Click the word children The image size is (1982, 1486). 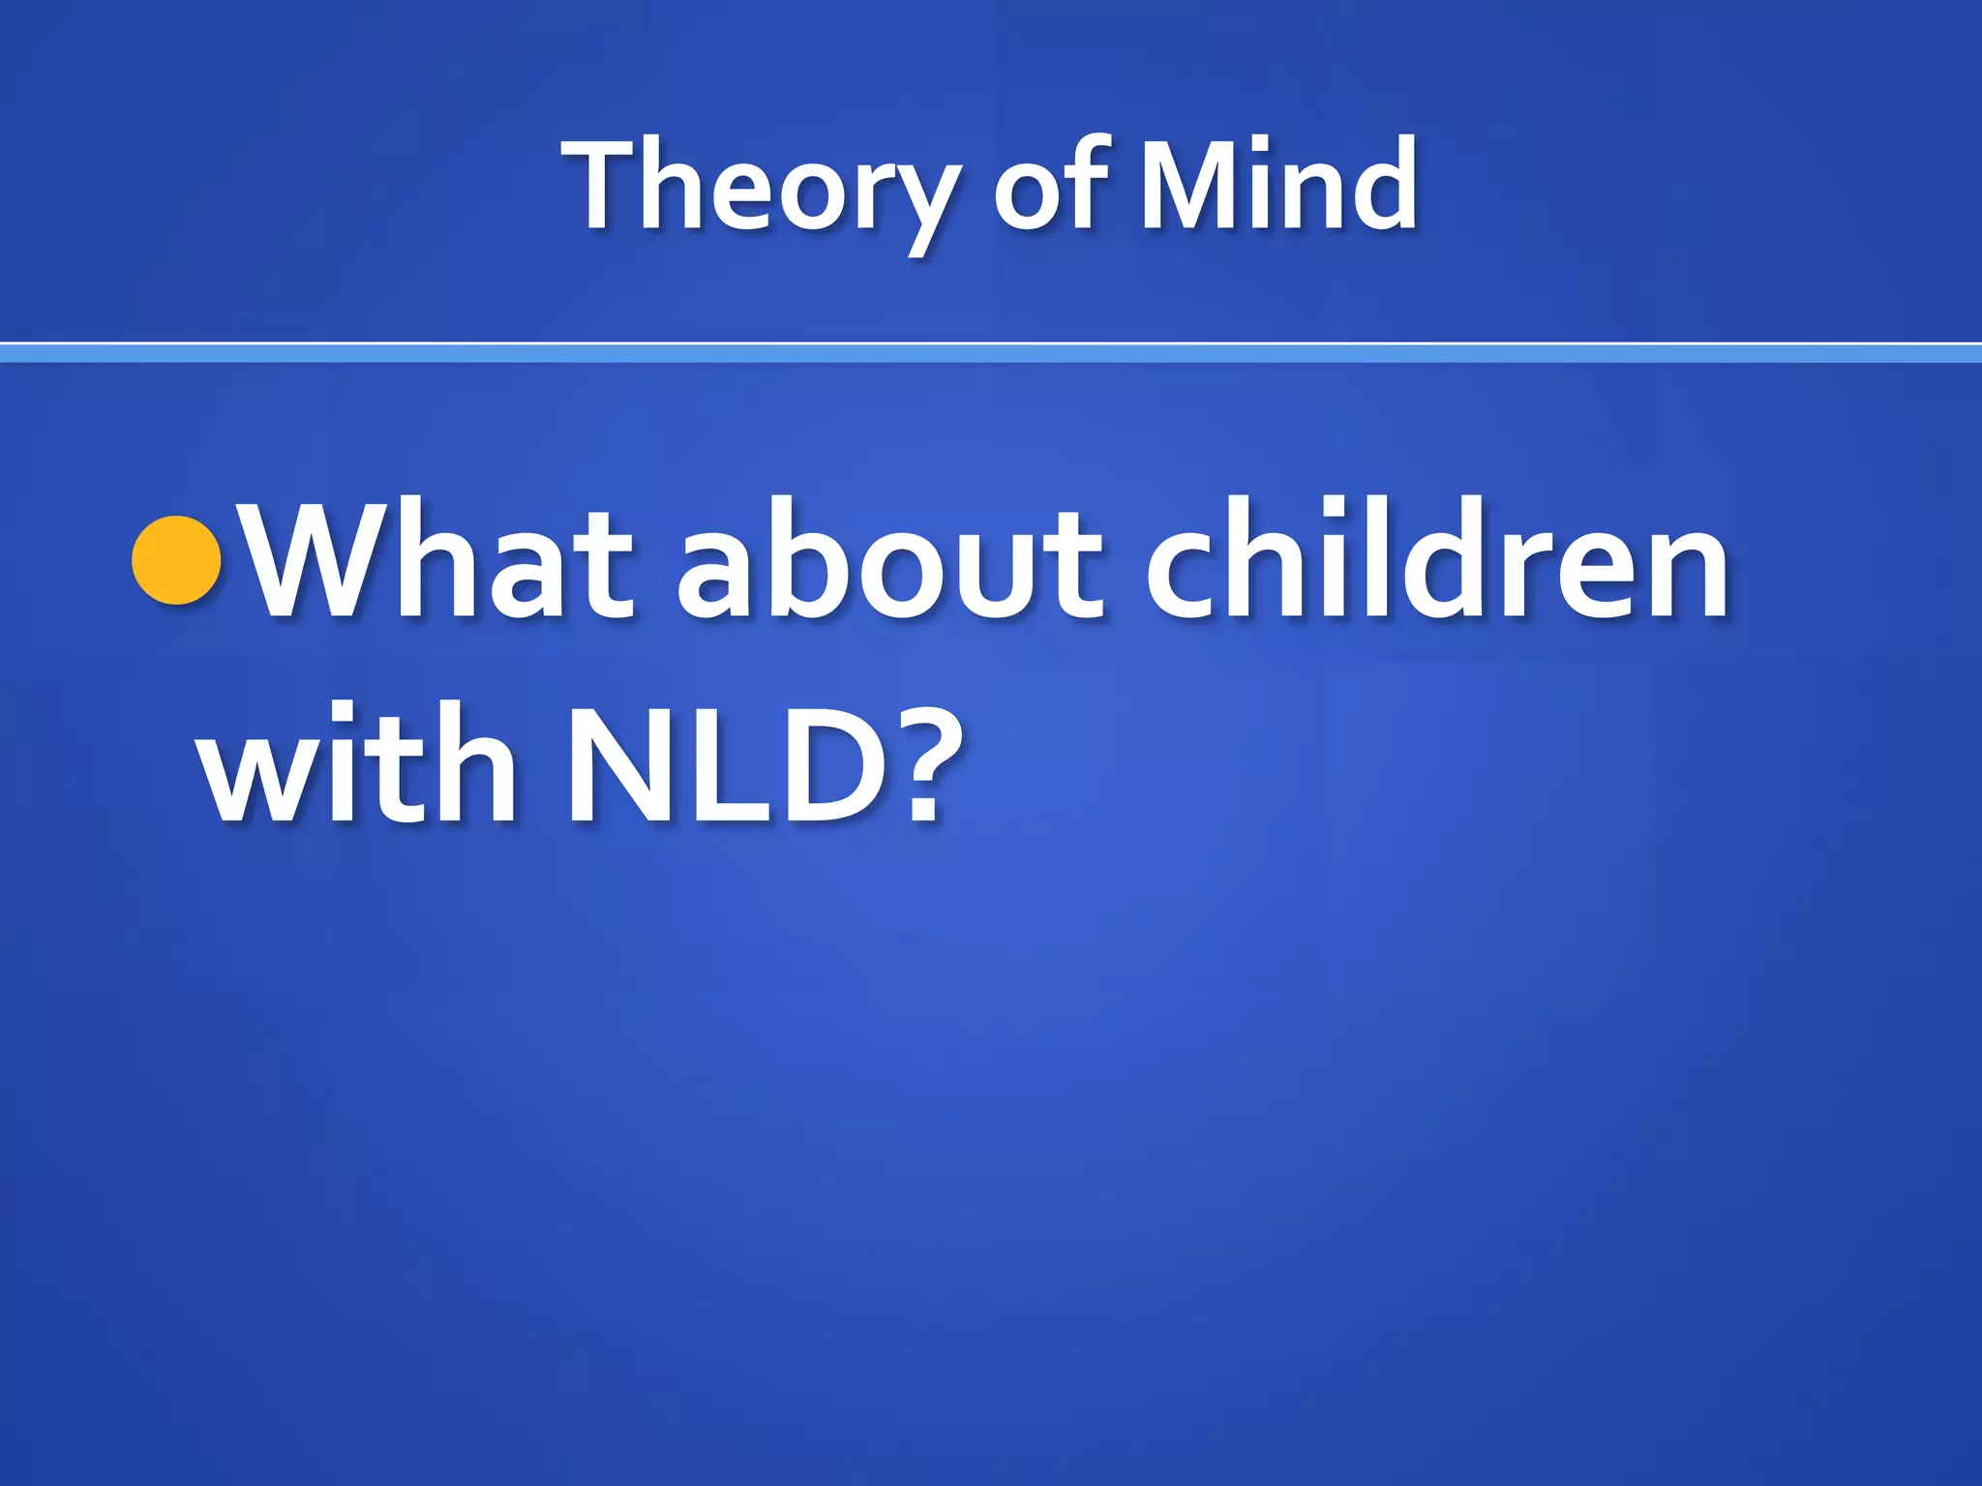[1436, 561]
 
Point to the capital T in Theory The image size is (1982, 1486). [604, 184]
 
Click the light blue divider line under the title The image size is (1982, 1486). [991, 354]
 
